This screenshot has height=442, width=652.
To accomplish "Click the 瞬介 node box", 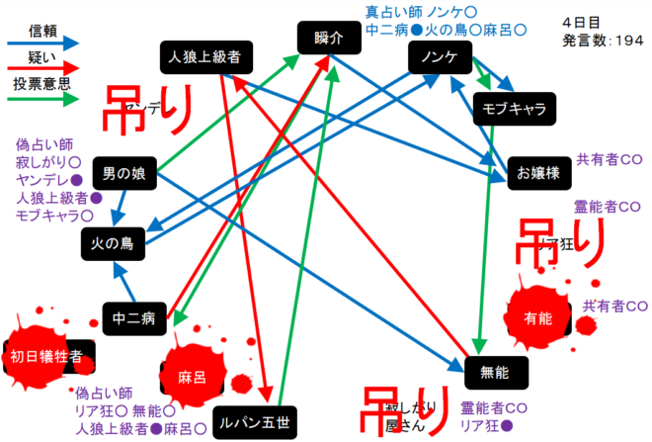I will pos(329,39).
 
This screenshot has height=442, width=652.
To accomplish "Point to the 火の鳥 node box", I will pos(113,241).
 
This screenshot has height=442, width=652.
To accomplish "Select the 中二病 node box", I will pos(133,318).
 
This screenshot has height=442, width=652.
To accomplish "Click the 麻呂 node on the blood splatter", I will pos(192,377).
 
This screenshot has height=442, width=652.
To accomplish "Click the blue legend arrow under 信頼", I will pos(41,43).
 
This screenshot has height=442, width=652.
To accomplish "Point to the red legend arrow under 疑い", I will pos(41,70).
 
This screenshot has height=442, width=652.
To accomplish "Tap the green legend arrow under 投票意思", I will pos(41,99).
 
